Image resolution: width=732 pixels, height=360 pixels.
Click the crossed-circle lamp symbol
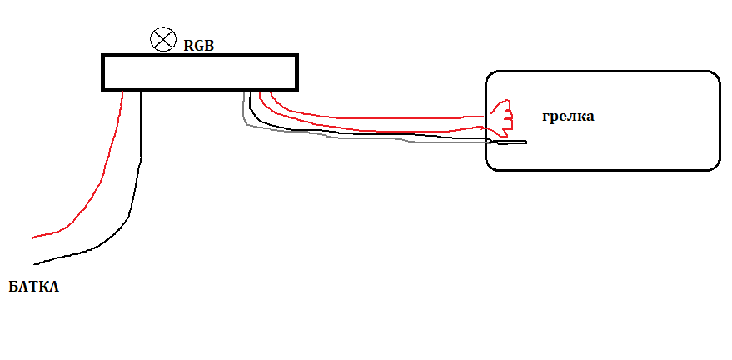tap(162, 38)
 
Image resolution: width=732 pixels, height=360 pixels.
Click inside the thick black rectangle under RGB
tap(199, 72)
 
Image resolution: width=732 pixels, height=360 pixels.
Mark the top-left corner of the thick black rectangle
tap(103, 57)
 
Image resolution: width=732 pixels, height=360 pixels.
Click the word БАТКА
tap(34, 287)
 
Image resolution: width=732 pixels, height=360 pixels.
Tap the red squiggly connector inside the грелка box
tap(502, 117)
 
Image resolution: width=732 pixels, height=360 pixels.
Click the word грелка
tap(568, 117)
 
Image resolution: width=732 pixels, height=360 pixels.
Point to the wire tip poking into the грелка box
tap(525, 142)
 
